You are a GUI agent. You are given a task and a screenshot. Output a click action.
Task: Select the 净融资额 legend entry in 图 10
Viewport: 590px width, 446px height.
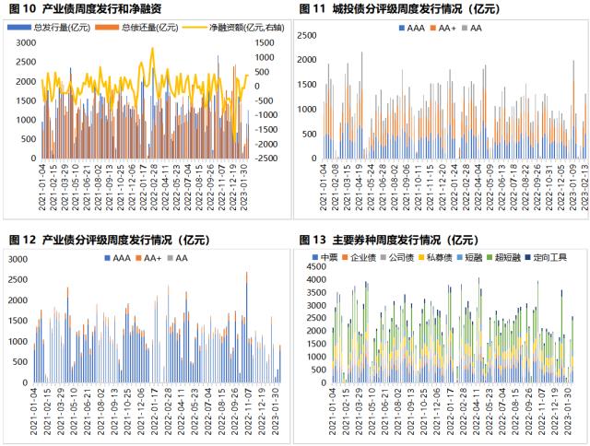pyautogui.click(x=229, y=28)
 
